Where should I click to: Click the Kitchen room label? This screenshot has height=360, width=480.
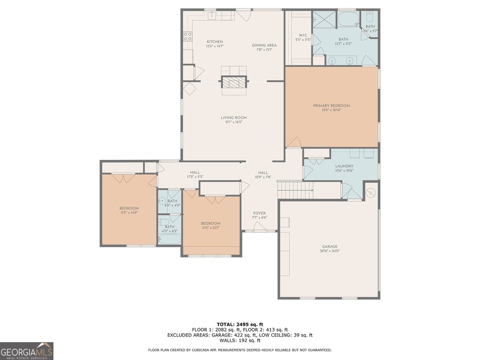click(x=215, y=42)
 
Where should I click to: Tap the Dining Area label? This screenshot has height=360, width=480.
click(x=264, y=45)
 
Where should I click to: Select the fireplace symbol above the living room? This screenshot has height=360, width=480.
click(x=233, y=83)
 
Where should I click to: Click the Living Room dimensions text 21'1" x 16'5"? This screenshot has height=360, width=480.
click(x=234, y=122)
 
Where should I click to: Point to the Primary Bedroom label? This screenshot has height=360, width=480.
click(x=331, y=106)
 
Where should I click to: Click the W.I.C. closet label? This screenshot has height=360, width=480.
click(x=303, y=36)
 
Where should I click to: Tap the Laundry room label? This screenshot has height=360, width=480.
click(x=344, y=166)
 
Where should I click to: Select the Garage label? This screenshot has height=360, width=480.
click(x=330, y=247)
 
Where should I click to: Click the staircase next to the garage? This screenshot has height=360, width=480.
click(x=295, y=190)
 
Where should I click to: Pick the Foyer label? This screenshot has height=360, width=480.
click(x=260, y=213)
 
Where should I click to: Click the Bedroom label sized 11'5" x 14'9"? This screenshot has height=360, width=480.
click(x=129, y=208)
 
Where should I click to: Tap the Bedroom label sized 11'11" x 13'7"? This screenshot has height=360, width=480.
click(x=210, y=223)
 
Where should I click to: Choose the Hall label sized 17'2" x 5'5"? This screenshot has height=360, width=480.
click(x=195, y=172)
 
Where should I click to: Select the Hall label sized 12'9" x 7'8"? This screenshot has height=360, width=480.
click(x=263, y=172)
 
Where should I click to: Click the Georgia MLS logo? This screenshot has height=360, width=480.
click(x=27, y=351)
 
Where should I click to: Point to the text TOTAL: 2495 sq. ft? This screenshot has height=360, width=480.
click(x=240, y=324)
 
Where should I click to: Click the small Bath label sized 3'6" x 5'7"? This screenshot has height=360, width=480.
click(x=370, y=27)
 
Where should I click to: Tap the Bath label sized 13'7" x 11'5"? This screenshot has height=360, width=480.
click(x=344, y=40)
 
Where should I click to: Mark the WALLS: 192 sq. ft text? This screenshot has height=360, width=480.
click(x=240, y=341)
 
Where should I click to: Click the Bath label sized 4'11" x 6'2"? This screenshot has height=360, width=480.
click(x=169, y=227)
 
